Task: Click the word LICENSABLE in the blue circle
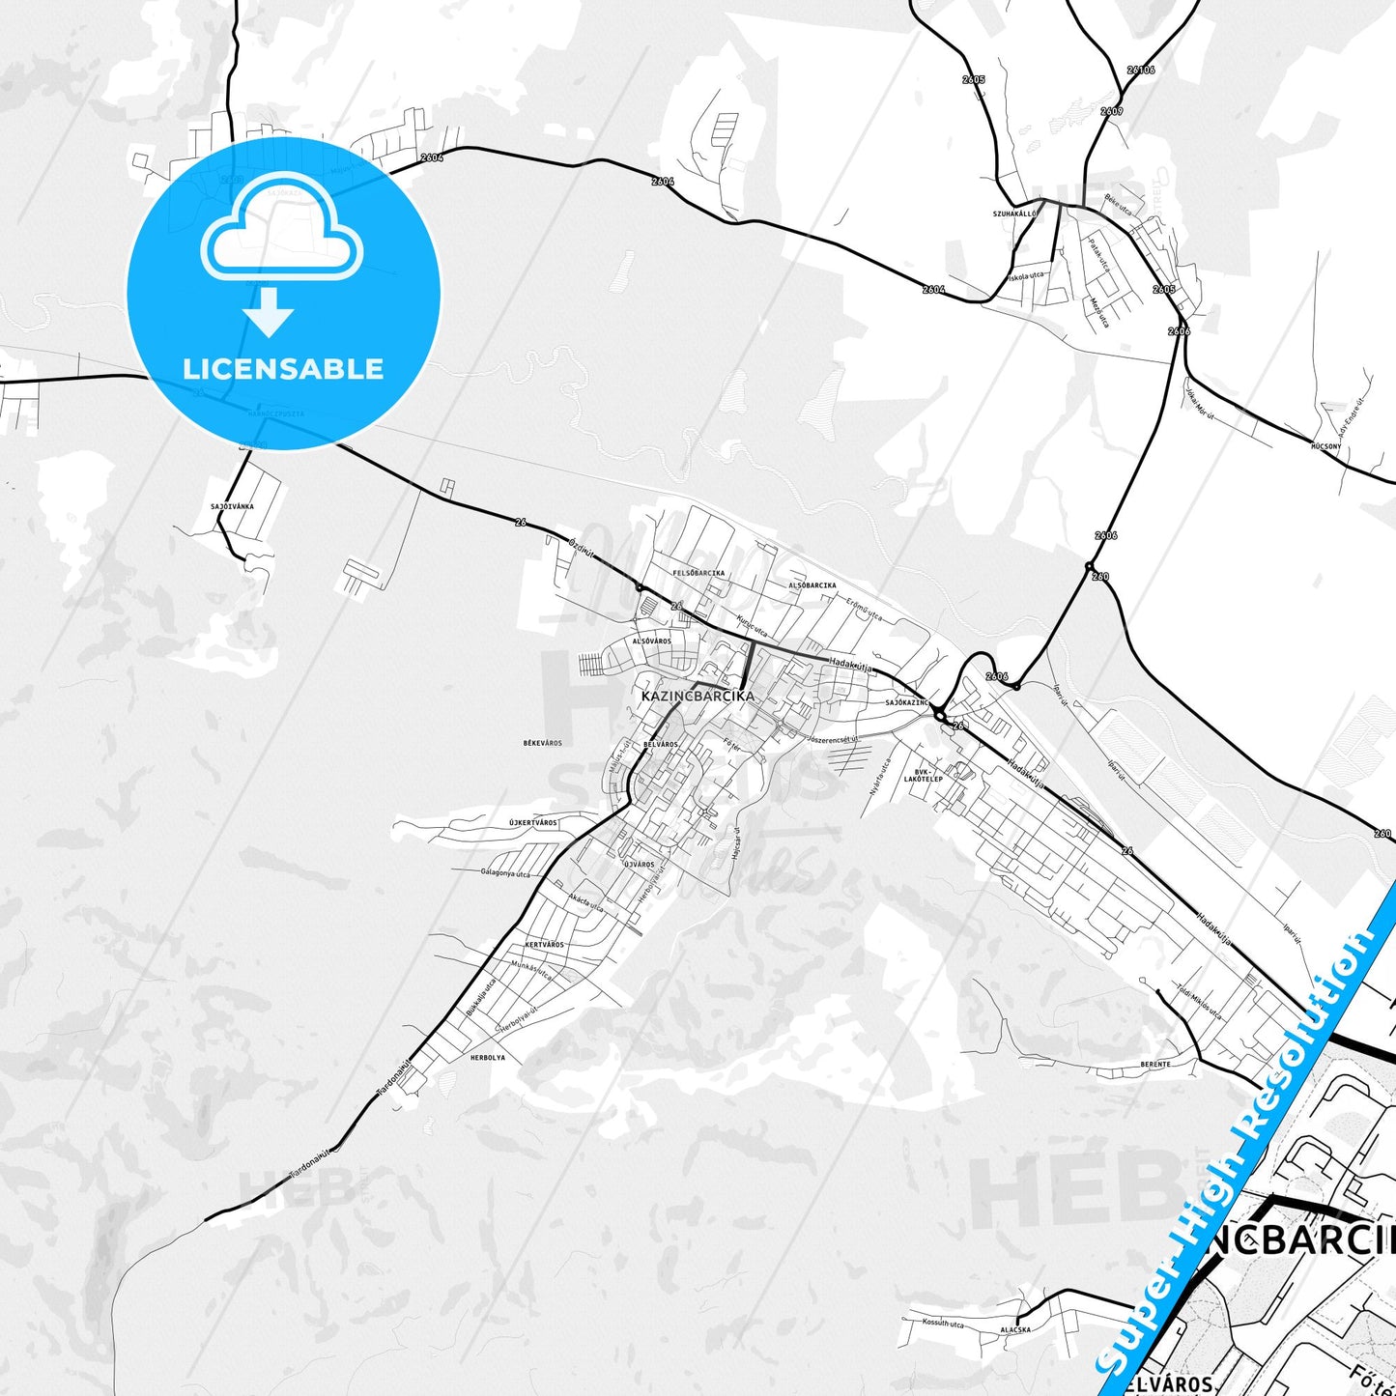(x=283, y=368)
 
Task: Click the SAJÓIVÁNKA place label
(x=232, y=506)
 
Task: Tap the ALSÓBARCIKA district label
(x=812, y=585)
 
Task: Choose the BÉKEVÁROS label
(x=542, y=743)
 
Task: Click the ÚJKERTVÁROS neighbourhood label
(x=533, y=822)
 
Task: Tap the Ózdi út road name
(x=582, y=546)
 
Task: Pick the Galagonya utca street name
(x=506, y=871)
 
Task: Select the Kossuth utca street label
(x=942, y=1323)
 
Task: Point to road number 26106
(x=1141, y=70)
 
